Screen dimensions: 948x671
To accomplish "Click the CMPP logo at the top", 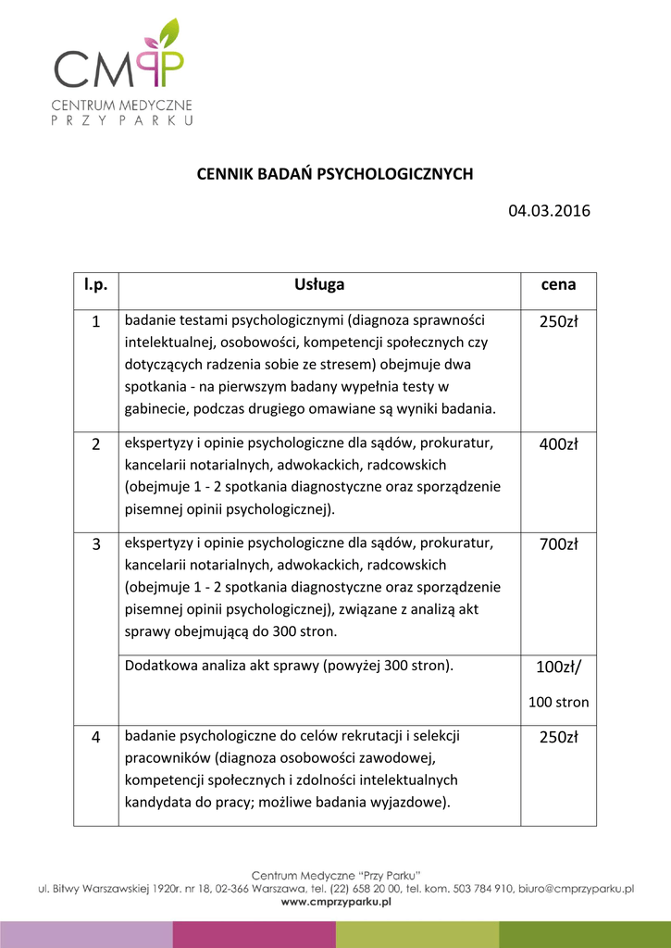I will coord(120,69).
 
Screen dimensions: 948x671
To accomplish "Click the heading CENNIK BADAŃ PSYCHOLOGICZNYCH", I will coord(335,174).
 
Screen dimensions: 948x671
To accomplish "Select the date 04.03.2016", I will coord(549,211).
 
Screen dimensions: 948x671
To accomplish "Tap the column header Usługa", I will coord(319,285).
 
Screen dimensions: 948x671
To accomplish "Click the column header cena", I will coord(558,285).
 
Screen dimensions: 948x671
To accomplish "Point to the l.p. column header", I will coord(96,285).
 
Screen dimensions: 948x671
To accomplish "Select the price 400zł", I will coord(558,444).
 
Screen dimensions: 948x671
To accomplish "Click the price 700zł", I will coord(558,544).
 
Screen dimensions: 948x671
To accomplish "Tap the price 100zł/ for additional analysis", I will coord(558,667).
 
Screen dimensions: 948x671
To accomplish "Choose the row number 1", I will coord(96,322).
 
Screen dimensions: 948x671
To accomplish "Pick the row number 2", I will coord(96,444).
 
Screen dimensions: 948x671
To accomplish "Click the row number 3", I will coord(96,544).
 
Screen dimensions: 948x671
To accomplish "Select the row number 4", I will coord(96,738).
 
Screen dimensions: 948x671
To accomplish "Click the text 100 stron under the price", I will coord(558,702).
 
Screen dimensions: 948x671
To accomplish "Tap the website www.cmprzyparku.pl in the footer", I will coord(336,903).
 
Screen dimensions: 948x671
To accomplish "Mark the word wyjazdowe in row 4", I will coord(412,802).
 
